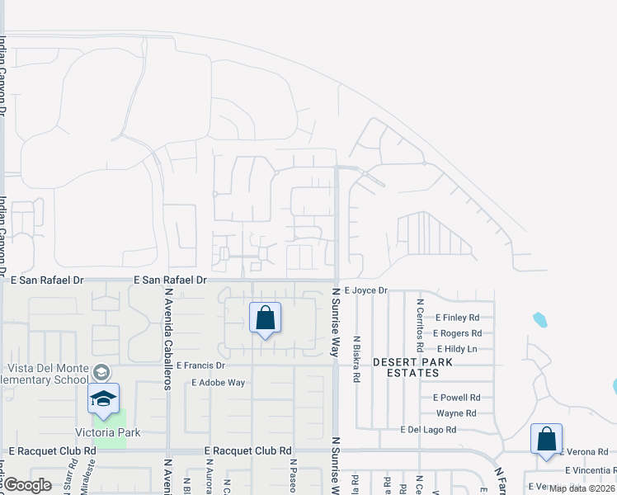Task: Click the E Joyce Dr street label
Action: [x=365, y=290]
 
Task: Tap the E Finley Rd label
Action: [x=456, y=318]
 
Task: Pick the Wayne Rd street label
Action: [x=456, y=413]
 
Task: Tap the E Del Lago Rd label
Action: [x=428, y=430]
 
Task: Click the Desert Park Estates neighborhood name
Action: [x=406, y=367]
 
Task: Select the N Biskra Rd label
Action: [x=356, y=359]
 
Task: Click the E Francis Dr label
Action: [x=200, y=365]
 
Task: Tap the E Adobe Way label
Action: [x=219, y=383]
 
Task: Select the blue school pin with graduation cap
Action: [x=103, y=399]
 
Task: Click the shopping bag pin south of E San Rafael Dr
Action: [x=265, y=318]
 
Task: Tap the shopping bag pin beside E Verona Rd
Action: [x=546, y=440]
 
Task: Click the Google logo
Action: [x=27, y=485]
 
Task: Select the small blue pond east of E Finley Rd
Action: [x=540, y=319]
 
